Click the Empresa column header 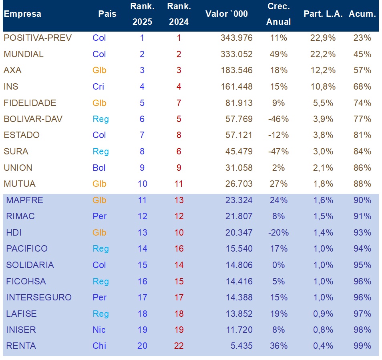pyautogui.click(x=22, y=14)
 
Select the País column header pyautogui.click(x=107, y=14)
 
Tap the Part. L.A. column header pyautogui.click(x=323, y=14)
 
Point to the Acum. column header pyautogui.click(x=362, y=14)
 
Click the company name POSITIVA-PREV pyautogui.click(x=38, y=38)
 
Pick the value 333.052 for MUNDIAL pyautogui.click(x=237, y=54)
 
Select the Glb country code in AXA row pyautogui.click(x=99, y=70)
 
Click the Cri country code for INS pyautogui.click(x=98, y=86)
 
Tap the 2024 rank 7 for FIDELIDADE pyautogui.click(x=179, y=103)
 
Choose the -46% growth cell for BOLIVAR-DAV pyautogui.click(x=278, y=119)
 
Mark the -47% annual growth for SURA pyautogui.click(x=278, y=151)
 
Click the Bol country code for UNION pyautogui.click(x=99, y=168)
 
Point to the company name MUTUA pyautogui.click(x=20, y=184)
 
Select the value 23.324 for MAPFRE pyautogui.click(x=239, y=200)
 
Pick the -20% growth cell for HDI pyautogui.click(x=278, y=232)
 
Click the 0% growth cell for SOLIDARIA pyautogui.click(x=278, y=265)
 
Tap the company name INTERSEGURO pyautogui.click(x=39, y=297)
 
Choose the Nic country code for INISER pyautogui.click(x=99, y=330)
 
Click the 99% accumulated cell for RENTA pyautogui.click(x=362, y=346)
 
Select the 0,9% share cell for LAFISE pyautogui.click(x=323, y=314)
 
